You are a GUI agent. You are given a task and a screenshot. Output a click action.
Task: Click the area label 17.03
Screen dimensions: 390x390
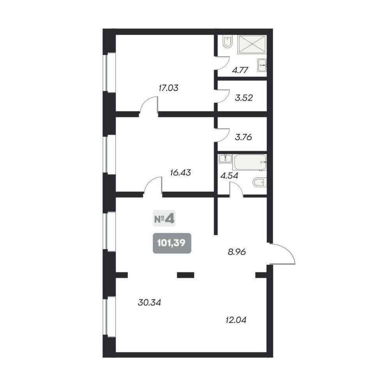point(168,88)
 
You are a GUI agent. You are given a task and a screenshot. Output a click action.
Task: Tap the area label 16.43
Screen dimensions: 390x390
point(180,172)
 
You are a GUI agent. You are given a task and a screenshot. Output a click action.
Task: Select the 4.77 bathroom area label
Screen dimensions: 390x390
point(240,70)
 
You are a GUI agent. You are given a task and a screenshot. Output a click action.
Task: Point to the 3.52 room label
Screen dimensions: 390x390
point(244,98)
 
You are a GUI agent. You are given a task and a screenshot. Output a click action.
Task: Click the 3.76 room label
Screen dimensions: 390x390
point(243,137)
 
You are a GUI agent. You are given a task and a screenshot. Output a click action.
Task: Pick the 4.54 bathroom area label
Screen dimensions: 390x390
point(229,176)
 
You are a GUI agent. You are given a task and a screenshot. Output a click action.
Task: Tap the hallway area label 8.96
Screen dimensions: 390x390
point(237,252)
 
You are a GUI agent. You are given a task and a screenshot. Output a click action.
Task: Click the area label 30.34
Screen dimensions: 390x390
point(149,303)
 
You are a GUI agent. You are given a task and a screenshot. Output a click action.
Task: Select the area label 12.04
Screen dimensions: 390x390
point(236,320)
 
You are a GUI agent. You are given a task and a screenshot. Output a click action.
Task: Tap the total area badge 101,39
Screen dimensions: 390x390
point(172,243)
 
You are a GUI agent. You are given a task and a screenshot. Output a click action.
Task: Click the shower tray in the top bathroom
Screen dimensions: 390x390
point(252,44)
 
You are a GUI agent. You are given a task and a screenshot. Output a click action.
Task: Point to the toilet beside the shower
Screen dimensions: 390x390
point(228,43)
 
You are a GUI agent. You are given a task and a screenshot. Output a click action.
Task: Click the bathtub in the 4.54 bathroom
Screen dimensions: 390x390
point(250,162)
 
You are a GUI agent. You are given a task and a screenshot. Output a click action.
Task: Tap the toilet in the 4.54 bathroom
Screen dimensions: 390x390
point(260,183)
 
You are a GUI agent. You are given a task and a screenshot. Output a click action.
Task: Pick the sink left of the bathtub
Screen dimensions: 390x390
point(225,158)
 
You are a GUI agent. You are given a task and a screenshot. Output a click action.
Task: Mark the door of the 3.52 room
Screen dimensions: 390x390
point(222,96)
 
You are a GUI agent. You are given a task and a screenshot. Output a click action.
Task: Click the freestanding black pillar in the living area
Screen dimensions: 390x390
point(186,275)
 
